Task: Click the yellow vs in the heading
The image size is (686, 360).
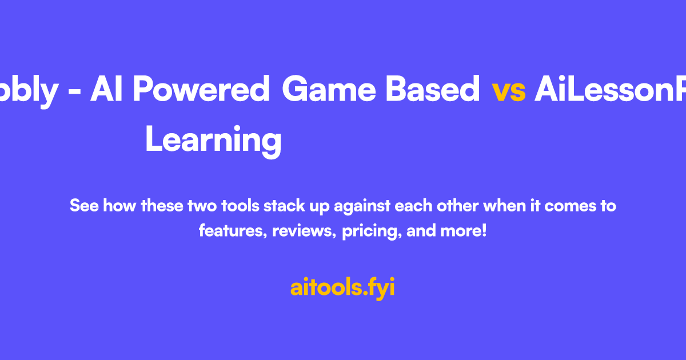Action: point(508,91)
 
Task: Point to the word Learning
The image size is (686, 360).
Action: point(213,140)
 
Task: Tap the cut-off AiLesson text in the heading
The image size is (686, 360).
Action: point(609,91)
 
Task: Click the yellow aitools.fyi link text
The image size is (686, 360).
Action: point(342,287)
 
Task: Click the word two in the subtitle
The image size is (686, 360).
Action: point(202,205)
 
